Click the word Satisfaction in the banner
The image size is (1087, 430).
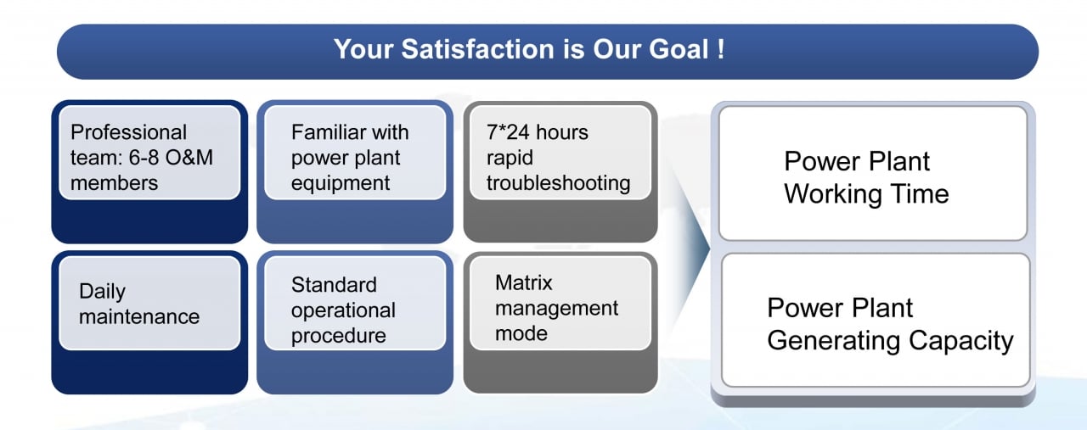pos(477,49)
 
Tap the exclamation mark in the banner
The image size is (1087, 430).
pos(721,49)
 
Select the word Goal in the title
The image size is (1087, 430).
pos(679,49)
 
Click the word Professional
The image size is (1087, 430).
pos(128,132)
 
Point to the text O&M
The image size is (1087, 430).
pos(189,158)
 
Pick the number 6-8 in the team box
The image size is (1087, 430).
pos(144,158)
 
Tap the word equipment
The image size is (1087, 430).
pos(341,184)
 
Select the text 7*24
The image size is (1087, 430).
pos(508,132)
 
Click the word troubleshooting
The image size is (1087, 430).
pos(558,184)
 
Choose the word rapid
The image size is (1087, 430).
pos(510,159)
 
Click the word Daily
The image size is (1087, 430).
pos(102,292)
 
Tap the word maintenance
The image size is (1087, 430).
pos(139,317)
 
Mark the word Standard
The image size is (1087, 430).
pos(334,285)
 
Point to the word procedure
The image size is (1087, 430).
pos(338,337)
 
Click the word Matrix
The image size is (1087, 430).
pos(524,282)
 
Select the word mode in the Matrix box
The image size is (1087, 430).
pos(521,333)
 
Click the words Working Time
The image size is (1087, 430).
pos(866,195)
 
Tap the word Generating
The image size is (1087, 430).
pos(835,341)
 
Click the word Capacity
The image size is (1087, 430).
pos(961,341)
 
